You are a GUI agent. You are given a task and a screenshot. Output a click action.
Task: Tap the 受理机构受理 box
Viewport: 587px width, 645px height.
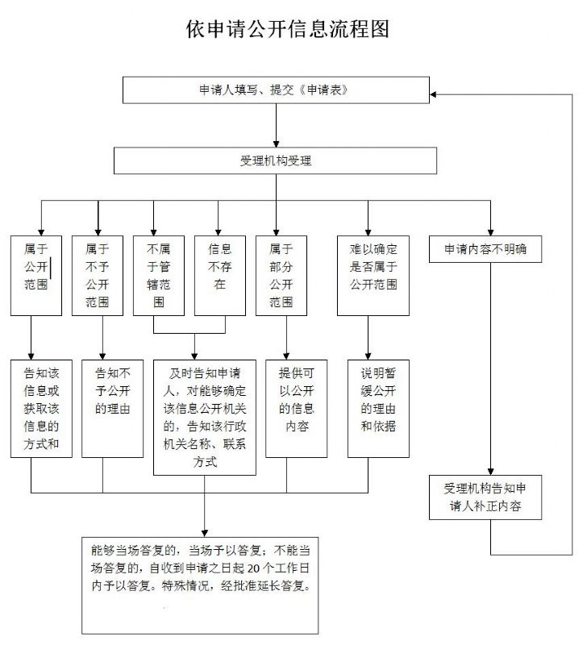tap(276, 160)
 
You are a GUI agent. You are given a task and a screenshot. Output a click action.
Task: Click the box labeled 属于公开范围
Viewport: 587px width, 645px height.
tap(36, 275)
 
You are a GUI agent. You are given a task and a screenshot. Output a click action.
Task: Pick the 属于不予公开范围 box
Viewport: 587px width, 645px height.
tap(97, 275)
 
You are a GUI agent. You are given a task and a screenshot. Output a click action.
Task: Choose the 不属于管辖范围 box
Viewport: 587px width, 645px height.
tap(159, 275)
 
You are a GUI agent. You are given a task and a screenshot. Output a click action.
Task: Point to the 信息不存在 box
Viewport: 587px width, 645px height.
tap(219, 275)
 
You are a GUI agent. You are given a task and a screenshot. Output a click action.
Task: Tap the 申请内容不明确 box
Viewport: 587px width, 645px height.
tap(491, 250)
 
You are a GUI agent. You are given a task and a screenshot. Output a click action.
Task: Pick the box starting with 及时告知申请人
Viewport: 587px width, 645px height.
tap(204, 417)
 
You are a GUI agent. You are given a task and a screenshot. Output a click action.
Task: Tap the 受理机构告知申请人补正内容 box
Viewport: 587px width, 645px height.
tap(491, 498)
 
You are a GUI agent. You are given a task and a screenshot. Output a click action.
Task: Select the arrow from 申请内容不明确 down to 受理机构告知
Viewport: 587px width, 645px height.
tap(491, 371)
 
